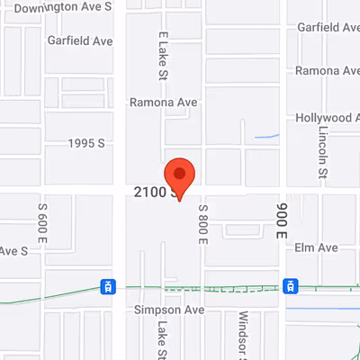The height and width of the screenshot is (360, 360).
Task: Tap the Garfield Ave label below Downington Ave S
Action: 82,40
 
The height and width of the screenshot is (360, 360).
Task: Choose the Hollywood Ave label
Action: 328,118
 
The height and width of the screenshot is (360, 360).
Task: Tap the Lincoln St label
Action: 323,149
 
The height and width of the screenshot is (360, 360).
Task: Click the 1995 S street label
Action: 88,143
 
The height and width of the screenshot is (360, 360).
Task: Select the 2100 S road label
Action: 151,192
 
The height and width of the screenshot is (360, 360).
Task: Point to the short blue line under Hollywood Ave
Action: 266,137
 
